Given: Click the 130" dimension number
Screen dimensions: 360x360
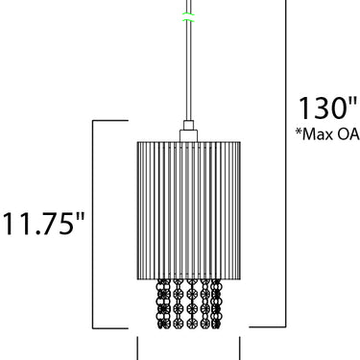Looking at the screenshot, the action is pyautogui.click(x=327, y=108).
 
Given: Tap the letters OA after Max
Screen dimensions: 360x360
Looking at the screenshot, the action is pyautogui.click(x=348, y=134).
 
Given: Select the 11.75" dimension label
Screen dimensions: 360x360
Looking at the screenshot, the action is pyautogui.click(x=44, y=223).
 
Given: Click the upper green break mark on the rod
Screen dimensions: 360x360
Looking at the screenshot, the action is pyautogui.click(x=188, y=13).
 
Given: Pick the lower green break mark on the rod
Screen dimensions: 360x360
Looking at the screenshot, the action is pyautogui.click(x=188, y=20).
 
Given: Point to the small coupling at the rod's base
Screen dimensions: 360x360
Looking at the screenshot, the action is pyautogui.click(x=188, y=125).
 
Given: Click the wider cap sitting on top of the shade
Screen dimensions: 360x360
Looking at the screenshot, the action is pyautogui.click(x=188, y=135).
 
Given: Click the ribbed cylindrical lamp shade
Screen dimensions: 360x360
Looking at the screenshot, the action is pyautogui.click(x=189, y=210).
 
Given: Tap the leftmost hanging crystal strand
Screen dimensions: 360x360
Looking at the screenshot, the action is pyautogui.click(x=164, y=304).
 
